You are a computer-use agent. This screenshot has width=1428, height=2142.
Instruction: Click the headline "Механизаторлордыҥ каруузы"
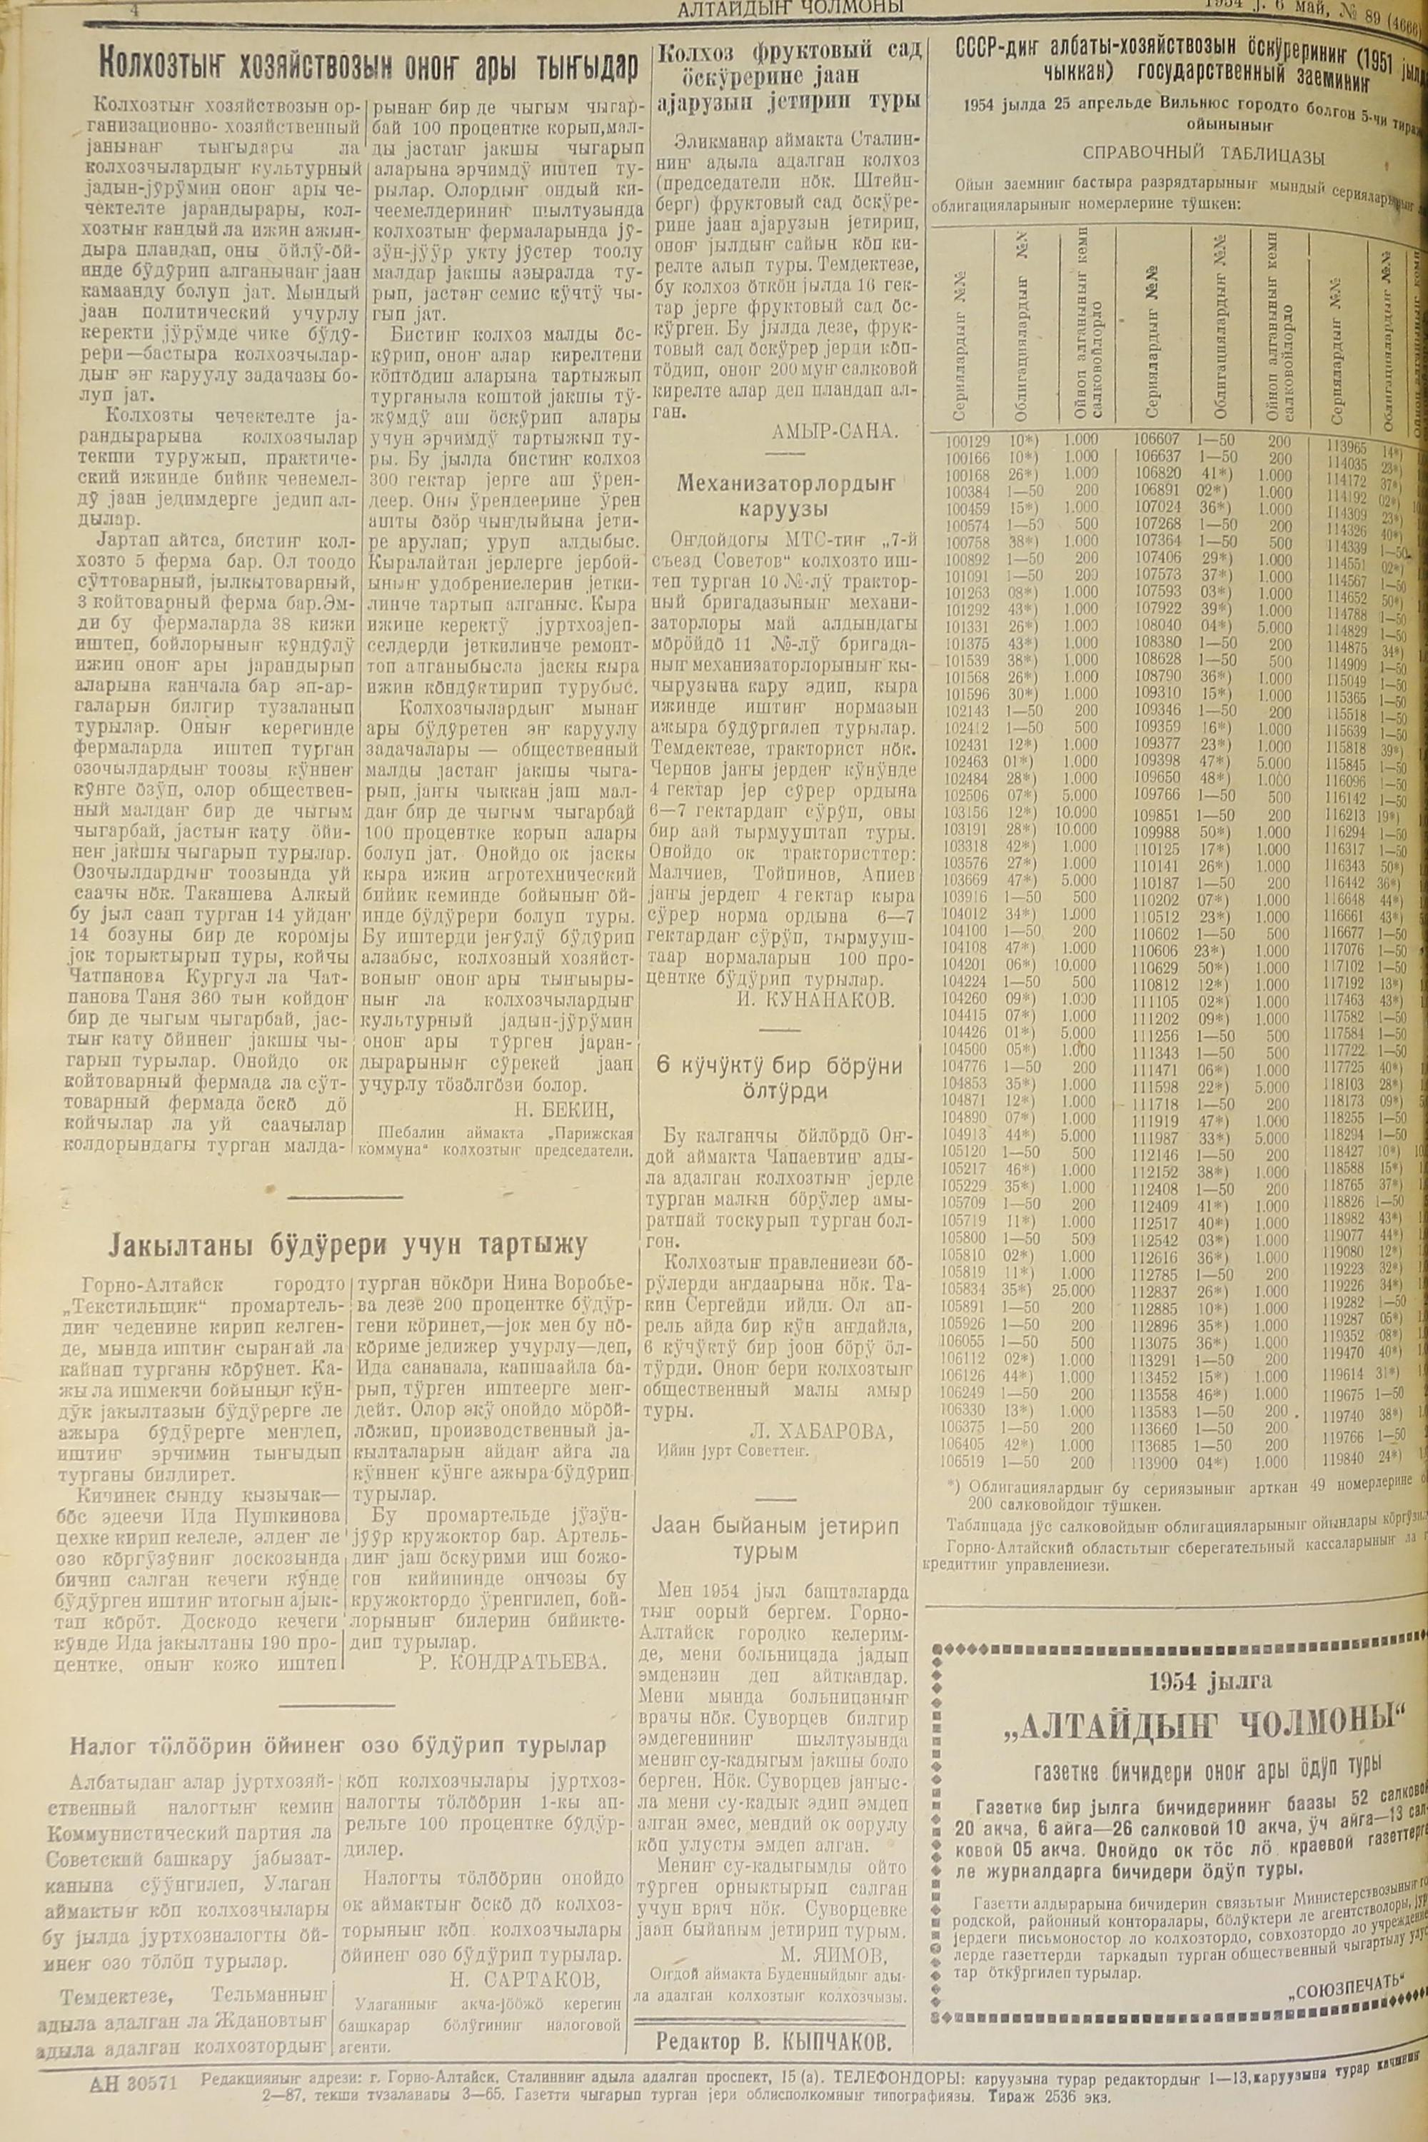[787, 496]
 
